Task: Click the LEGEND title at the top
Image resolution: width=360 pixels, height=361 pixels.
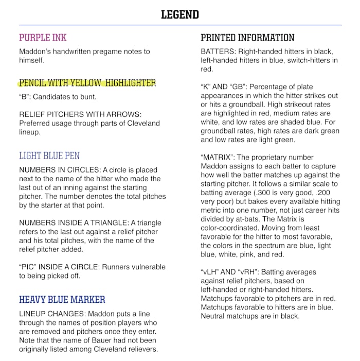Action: coord(180,14)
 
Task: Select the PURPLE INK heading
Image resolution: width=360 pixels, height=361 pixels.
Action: coord(43,38)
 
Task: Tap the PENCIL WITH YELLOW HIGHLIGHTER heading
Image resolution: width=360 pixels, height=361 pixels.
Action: coord(87,83)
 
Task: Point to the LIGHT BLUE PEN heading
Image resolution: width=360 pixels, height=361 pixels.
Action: coord(49,156)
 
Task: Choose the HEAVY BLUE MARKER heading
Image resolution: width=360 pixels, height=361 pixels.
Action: coord(62,299)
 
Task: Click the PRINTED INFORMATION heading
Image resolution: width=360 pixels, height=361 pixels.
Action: coord(247,38)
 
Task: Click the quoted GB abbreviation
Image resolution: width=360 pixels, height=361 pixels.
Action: coord(243,87)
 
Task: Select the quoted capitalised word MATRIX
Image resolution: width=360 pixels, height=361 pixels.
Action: coord(220,157)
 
